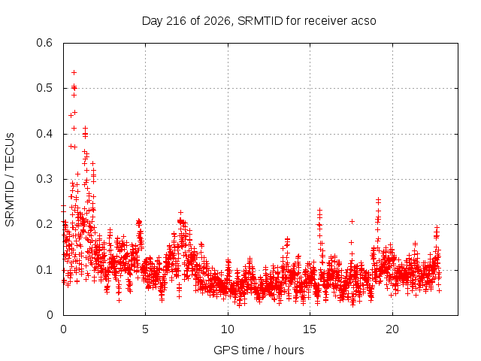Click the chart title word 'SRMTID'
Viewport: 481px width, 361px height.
click(260, 21)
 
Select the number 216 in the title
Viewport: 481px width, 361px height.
click(176, 21)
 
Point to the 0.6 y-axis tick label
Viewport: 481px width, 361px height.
click(44, 43)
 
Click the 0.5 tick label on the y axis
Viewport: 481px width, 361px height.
click(44, 88)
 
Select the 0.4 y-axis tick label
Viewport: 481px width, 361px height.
click(44, 134)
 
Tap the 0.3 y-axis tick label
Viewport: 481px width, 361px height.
click(44, 179)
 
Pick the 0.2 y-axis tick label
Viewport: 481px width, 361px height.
click(44, 224)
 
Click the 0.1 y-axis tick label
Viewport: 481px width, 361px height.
click(44, 270)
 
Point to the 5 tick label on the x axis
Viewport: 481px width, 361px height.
click(145, 329)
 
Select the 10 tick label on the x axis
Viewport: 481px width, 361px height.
click(228, 329)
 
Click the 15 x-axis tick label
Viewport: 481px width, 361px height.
click(310, 329)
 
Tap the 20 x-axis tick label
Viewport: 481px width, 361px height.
click(392, 329)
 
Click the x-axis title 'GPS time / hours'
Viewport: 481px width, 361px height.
click(259, 350)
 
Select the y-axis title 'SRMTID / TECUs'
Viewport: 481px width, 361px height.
click(10, 180)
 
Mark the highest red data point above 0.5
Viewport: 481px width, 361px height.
click(74, 72)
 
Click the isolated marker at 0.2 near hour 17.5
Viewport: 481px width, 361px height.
click(352, 221)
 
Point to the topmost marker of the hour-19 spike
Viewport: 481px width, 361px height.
click(378, 199)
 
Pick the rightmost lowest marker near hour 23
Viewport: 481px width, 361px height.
click(439, 290)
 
